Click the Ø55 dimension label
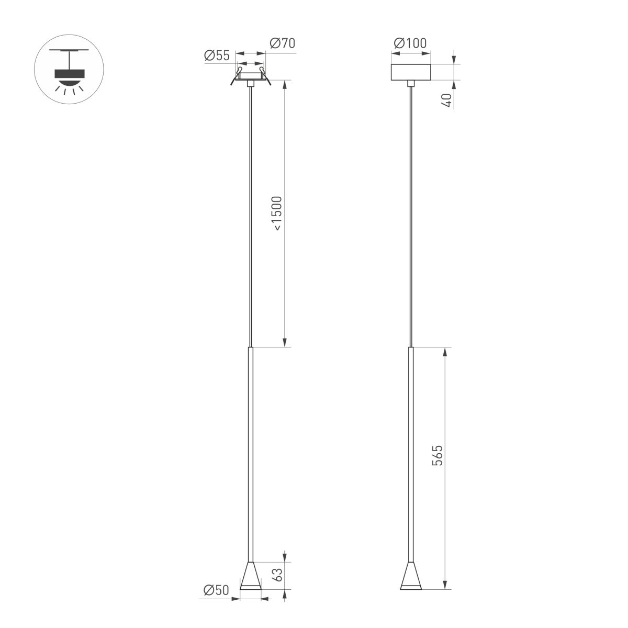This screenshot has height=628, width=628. coord(217,55)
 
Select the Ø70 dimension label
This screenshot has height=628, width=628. coord(282,43)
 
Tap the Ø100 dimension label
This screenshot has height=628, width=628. coord(411,43)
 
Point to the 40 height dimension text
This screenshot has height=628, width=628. coord(446,100)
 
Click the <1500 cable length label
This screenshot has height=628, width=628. coord(277,214)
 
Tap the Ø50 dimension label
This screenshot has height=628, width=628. coord(216,590)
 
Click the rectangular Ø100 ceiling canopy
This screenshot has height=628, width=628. coord(411,72)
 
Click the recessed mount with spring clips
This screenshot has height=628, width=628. coord(251,76)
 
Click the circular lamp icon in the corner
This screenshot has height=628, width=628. coord(69,69)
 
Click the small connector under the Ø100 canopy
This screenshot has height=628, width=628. coord(411,83)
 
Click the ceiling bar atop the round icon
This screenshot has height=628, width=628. coord(69,50)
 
